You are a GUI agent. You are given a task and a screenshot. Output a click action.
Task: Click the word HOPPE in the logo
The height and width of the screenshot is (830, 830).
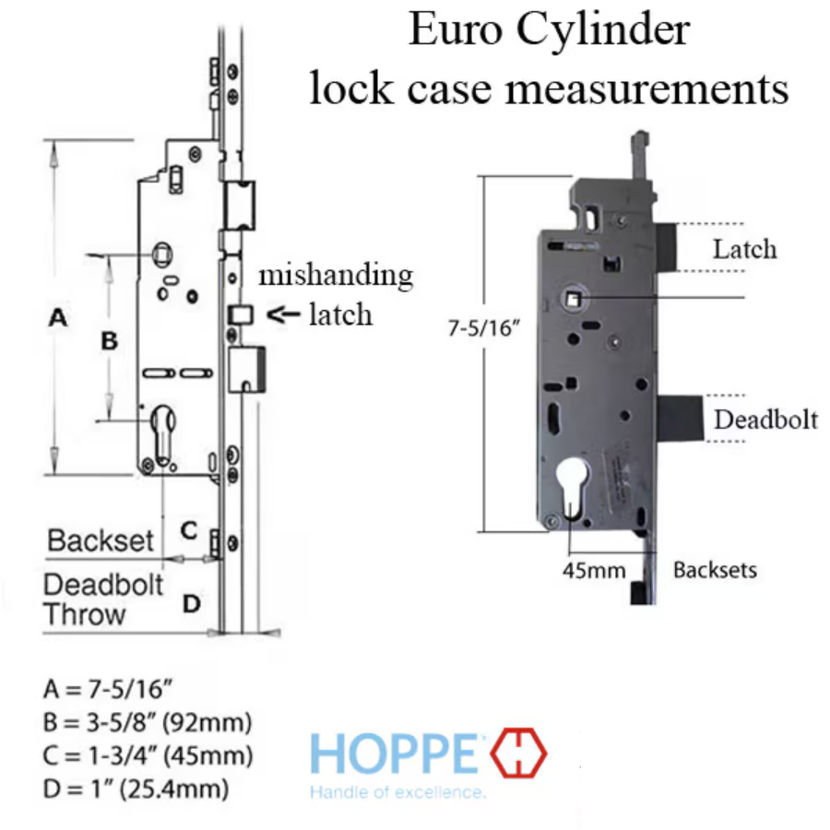(x=395, y=753)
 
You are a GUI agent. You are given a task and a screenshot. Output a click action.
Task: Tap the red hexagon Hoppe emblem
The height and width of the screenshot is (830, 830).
(x=518, y=753)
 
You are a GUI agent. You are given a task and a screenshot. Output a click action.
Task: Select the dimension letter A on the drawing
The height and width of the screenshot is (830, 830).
(x=58, y=317)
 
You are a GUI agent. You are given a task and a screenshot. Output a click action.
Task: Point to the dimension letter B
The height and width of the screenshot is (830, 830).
(x=110, y=341)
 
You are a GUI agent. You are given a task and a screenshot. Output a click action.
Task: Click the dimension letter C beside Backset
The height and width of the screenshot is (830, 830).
(x=189, y=530)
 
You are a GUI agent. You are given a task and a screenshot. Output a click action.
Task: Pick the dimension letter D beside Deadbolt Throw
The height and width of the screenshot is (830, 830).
(x=192, y=604)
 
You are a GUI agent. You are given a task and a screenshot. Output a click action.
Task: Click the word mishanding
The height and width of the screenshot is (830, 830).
(x=336, y=276)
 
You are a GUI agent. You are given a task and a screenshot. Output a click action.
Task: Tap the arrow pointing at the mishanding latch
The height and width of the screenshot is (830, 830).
(x=283, y=315)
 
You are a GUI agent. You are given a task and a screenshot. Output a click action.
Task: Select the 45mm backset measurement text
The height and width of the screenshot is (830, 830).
(x=594, y=570)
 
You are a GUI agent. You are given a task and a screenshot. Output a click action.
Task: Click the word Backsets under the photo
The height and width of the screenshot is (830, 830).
(x=715, y=570)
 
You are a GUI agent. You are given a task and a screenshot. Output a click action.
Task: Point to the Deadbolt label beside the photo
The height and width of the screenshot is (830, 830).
(x=766, y=420)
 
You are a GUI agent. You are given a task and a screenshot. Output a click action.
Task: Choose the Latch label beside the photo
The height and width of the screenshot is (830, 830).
(x=745, y=249)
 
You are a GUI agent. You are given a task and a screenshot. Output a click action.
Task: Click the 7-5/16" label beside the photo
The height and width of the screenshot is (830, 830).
(x=484, y=328)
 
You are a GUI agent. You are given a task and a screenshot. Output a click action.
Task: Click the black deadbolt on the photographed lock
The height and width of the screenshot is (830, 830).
(x=681, y=418)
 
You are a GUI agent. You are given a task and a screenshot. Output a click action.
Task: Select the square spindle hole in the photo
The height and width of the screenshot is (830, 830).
(x=573, y=300)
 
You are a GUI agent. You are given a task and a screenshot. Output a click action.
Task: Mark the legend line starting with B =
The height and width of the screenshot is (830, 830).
(x=148, y=722)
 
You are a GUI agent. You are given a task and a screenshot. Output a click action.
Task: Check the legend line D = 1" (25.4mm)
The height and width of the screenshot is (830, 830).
(x=136, y=788)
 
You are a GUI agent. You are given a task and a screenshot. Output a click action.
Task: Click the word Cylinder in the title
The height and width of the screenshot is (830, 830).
(x=603, y=30)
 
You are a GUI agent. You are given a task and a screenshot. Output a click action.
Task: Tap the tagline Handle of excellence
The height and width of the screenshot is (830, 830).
(x=397, y=792)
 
